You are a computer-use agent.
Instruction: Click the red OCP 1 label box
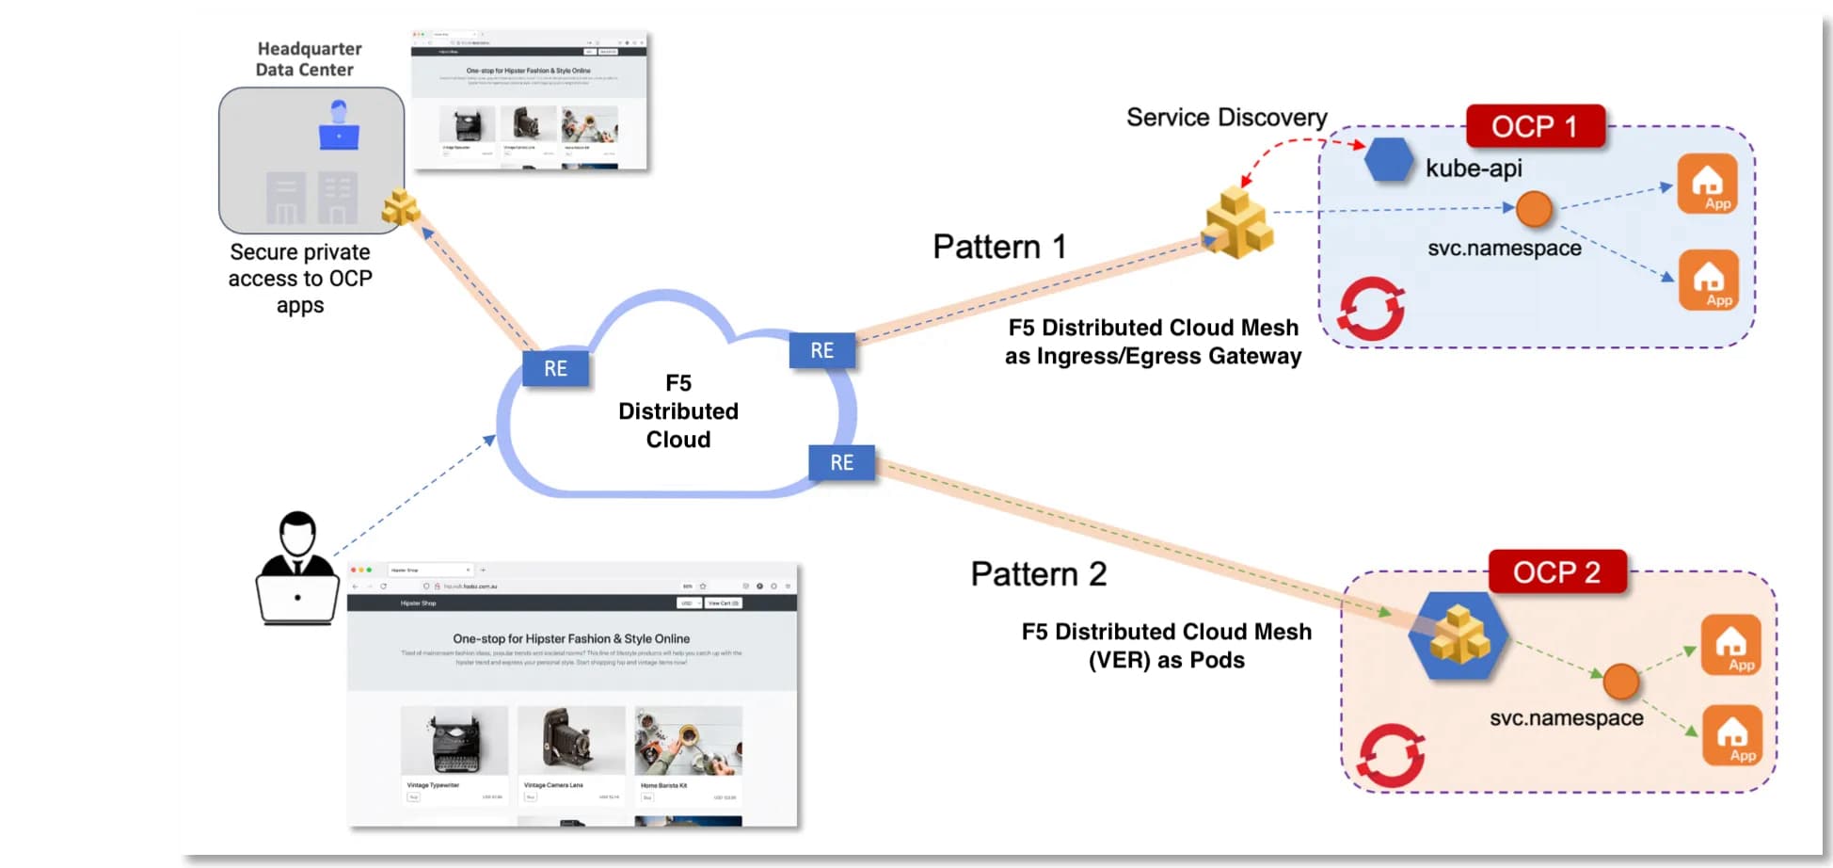(x=1535, y=126)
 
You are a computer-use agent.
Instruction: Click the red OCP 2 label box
(x=1556, y=571)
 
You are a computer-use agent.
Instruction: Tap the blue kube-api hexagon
(x=1389, y=160)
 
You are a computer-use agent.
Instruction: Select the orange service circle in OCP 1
(x=1534, y=208)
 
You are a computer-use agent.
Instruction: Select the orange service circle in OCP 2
(x=1620, y=681)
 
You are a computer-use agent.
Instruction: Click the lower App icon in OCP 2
(x=1731, y=735)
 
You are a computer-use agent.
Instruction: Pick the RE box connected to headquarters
(x=555, y=368)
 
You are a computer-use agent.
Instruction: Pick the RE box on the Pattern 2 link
(x=841, y=462)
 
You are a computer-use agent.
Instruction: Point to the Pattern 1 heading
(x=999, y=247)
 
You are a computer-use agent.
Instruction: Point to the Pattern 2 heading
(x=1038, y=574)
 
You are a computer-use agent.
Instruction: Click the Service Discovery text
(x=1226, y=118)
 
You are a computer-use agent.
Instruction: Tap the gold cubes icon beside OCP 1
(x=1237, y=223)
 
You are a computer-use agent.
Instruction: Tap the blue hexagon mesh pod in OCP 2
(x=1458, y=635)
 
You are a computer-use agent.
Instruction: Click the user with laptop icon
(x=297, y=569)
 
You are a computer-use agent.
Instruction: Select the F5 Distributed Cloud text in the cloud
(x=677, y=411)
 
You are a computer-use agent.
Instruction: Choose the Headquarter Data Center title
(x=308, y=59)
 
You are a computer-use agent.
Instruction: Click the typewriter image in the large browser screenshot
(x=454, y=741)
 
